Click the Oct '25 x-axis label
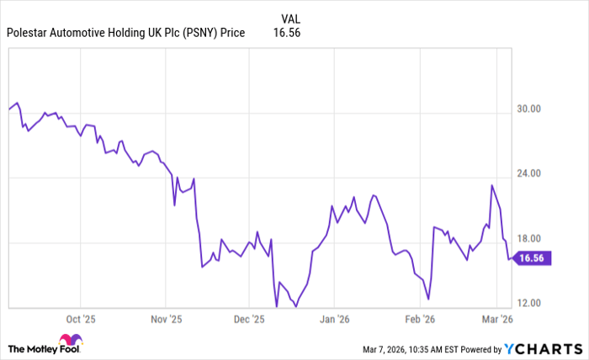click(80, 320)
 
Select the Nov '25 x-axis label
click(166, 320)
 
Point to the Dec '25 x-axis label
click(249, 320)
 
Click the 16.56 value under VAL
click(286, 33)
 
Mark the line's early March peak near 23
click(491, 185)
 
